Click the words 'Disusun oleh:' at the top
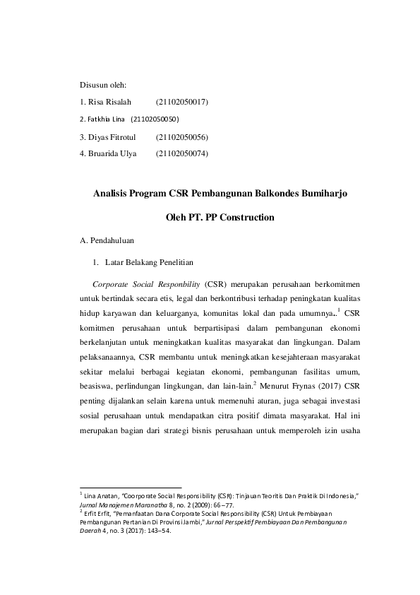(103, 86)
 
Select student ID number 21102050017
(181, 102)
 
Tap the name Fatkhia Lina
(102, 119)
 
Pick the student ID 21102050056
(181, 136)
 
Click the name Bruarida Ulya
(112, 153)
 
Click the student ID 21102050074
(181, 153)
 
